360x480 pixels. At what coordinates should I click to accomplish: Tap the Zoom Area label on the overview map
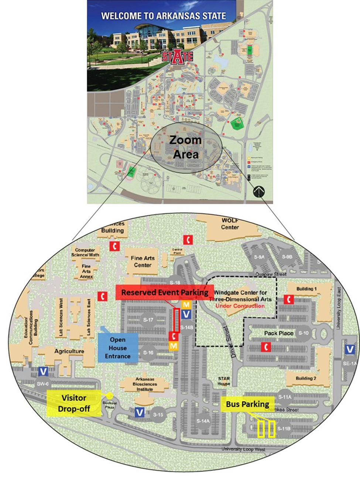tap(185, 147)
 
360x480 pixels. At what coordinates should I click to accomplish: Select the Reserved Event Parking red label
tap(165, 292)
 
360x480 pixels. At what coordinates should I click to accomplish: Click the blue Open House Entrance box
tap(118, 348)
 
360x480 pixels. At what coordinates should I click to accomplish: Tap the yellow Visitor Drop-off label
tap(74, 403)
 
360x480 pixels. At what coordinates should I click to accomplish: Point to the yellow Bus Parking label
tap(247, 404)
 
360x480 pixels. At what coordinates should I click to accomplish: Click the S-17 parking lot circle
tap(148, 320)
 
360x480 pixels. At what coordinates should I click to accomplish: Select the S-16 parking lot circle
tap(148, 353)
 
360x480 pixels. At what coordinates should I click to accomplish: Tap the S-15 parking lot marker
tap(158, 415)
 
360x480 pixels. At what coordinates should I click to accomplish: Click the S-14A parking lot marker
tap(203, 421)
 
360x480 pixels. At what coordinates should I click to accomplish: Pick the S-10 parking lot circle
tap(304, 333)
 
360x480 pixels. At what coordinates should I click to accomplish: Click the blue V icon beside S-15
tap(140, 412)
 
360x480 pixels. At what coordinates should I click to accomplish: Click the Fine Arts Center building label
tap(143, 261)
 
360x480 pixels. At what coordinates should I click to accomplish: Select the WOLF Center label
tap(230, 224)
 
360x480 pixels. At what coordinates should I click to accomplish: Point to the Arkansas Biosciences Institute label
tap(145, 384)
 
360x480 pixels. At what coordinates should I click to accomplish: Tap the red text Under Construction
tap(240, 306)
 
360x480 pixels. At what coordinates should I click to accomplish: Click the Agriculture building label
tap(69, 351)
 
